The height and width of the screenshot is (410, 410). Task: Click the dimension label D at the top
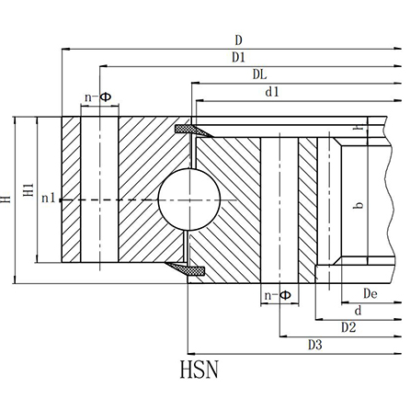click(238, 40)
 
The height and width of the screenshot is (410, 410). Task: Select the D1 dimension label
click(239, 57)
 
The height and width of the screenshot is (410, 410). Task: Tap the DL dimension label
click(260, 74)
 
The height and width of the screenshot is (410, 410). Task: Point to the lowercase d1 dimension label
click(272, 91)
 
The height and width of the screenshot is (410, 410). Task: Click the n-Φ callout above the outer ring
click(97, 96)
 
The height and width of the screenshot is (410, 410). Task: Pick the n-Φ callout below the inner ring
click(277, 294)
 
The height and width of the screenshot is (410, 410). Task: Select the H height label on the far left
click(7, 197)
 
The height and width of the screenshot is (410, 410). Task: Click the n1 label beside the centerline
click(49, 199)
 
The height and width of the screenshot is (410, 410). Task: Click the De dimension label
click(370, 293)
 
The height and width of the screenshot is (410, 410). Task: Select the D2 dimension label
click(348, 326)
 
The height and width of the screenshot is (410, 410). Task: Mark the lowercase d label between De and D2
click(358, 311)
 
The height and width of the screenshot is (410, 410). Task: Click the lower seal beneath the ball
click(189, 269)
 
